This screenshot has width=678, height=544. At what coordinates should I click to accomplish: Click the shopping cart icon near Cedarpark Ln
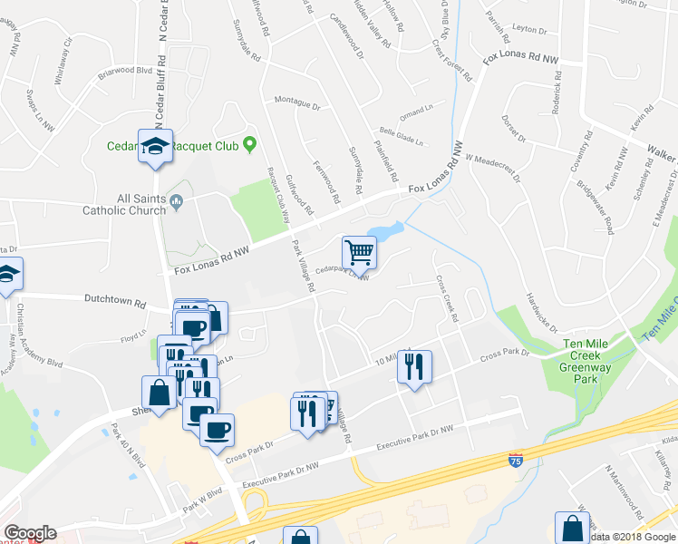[360, 253]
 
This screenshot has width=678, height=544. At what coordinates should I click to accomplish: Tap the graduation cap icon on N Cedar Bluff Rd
[155, 145]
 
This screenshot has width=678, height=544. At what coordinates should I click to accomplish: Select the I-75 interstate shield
[516, 461]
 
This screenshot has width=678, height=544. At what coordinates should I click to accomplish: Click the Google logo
[29, 532]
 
